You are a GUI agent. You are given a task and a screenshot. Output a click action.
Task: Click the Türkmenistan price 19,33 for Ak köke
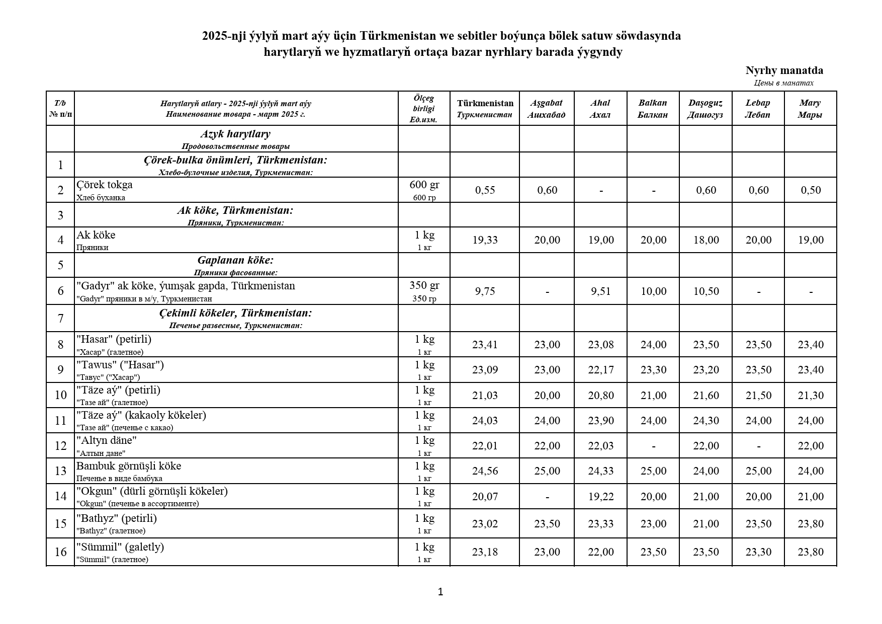[485, 240]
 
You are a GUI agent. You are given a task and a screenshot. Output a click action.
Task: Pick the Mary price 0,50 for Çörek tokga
[811, 190]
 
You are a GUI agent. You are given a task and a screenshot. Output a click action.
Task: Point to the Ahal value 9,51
[601, 291]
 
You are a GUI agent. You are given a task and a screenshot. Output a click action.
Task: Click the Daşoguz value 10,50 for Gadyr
[706, 291]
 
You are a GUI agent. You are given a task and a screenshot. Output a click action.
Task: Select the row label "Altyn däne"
[107, 440]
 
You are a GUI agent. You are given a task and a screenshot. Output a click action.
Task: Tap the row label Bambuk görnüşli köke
[129, 466]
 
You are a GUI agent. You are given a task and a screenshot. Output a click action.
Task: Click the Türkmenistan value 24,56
[485, 471]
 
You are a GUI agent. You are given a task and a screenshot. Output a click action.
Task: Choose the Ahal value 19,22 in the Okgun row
[601, 497]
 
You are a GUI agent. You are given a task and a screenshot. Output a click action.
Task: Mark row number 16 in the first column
[60, 552]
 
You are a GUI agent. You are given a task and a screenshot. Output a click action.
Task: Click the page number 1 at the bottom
[440, 592]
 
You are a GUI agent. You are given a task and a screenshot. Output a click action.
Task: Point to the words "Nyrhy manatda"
[784, 70]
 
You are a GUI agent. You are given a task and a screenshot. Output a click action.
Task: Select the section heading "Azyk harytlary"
[235, 134]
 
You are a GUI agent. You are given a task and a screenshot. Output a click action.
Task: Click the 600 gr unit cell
[424, 185]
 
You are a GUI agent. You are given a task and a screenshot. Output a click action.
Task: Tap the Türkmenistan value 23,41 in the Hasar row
[485, 345]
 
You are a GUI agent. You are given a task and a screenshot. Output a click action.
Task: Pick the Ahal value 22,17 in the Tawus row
[601, 370]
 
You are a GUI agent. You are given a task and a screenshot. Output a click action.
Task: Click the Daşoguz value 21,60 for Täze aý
[706, 396]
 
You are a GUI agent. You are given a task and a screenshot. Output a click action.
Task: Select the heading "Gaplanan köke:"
[235, 260]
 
